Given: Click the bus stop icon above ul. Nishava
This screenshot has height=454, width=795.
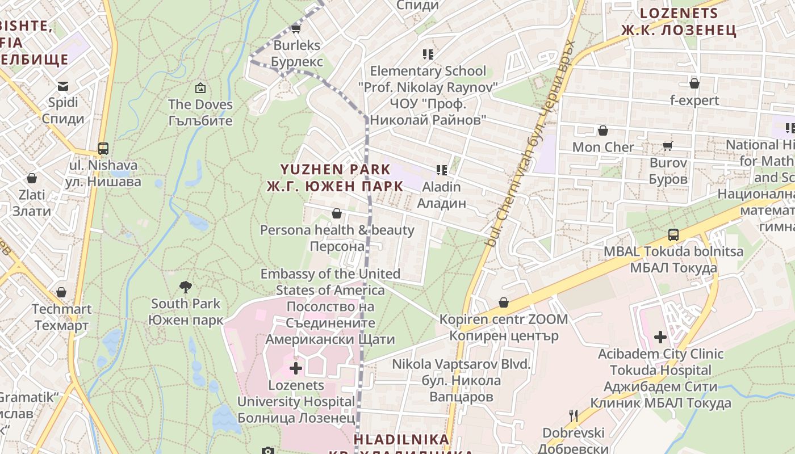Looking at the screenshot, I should point(103,149).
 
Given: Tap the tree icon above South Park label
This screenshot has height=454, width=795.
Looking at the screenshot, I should point(185,287).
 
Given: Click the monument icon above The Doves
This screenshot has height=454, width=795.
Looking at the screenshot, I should point(200,88).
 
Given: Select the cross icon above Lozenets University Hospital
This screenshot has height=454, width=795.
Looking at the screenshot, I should point(296,368).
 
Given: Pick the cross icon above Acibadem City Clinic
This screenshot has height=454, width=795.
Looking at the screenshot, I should point(660,337).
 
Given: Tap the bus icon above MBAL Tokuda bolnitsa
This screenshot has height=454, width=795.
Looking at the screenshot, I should point(673,234).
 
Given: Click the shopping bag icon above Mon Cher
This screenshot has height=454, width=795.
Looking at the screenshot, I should point(603,131).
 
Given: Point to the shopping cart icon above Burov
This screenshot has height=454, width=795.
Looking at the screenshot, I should point(668,146).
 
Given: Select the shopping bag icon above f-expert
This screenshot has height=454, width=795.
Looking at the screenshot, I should point(694,84).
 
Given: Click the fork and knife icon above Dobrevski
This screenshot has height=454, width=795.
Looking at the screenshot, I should point(574,416).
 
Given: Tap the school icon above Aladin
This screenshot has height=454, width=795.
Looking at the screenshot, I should point(441,170).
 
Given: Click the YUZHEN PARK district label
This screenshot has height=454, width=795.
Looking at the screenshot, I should point(335,178).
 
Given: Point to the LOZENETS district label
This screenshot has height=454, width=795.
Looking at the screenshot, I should point(679,22).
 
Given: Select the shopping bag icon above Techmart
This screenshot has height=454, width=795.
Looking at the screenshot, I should point(61,292).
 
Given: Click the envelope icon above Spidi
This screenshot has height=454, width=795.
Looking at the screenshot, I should point(62,86).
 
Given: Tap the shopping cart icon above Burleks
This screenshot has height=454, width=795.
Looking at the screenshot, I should point(295,28).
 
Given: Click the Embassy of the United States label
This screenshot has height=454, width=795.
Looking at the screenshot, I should point(330,281).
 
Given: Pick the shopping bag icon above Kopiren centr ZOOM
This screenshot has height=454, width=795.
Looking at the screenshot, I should point(503,302).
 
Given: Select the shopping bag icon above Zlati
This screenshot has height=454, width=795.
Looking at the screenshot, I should point(32,178).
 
